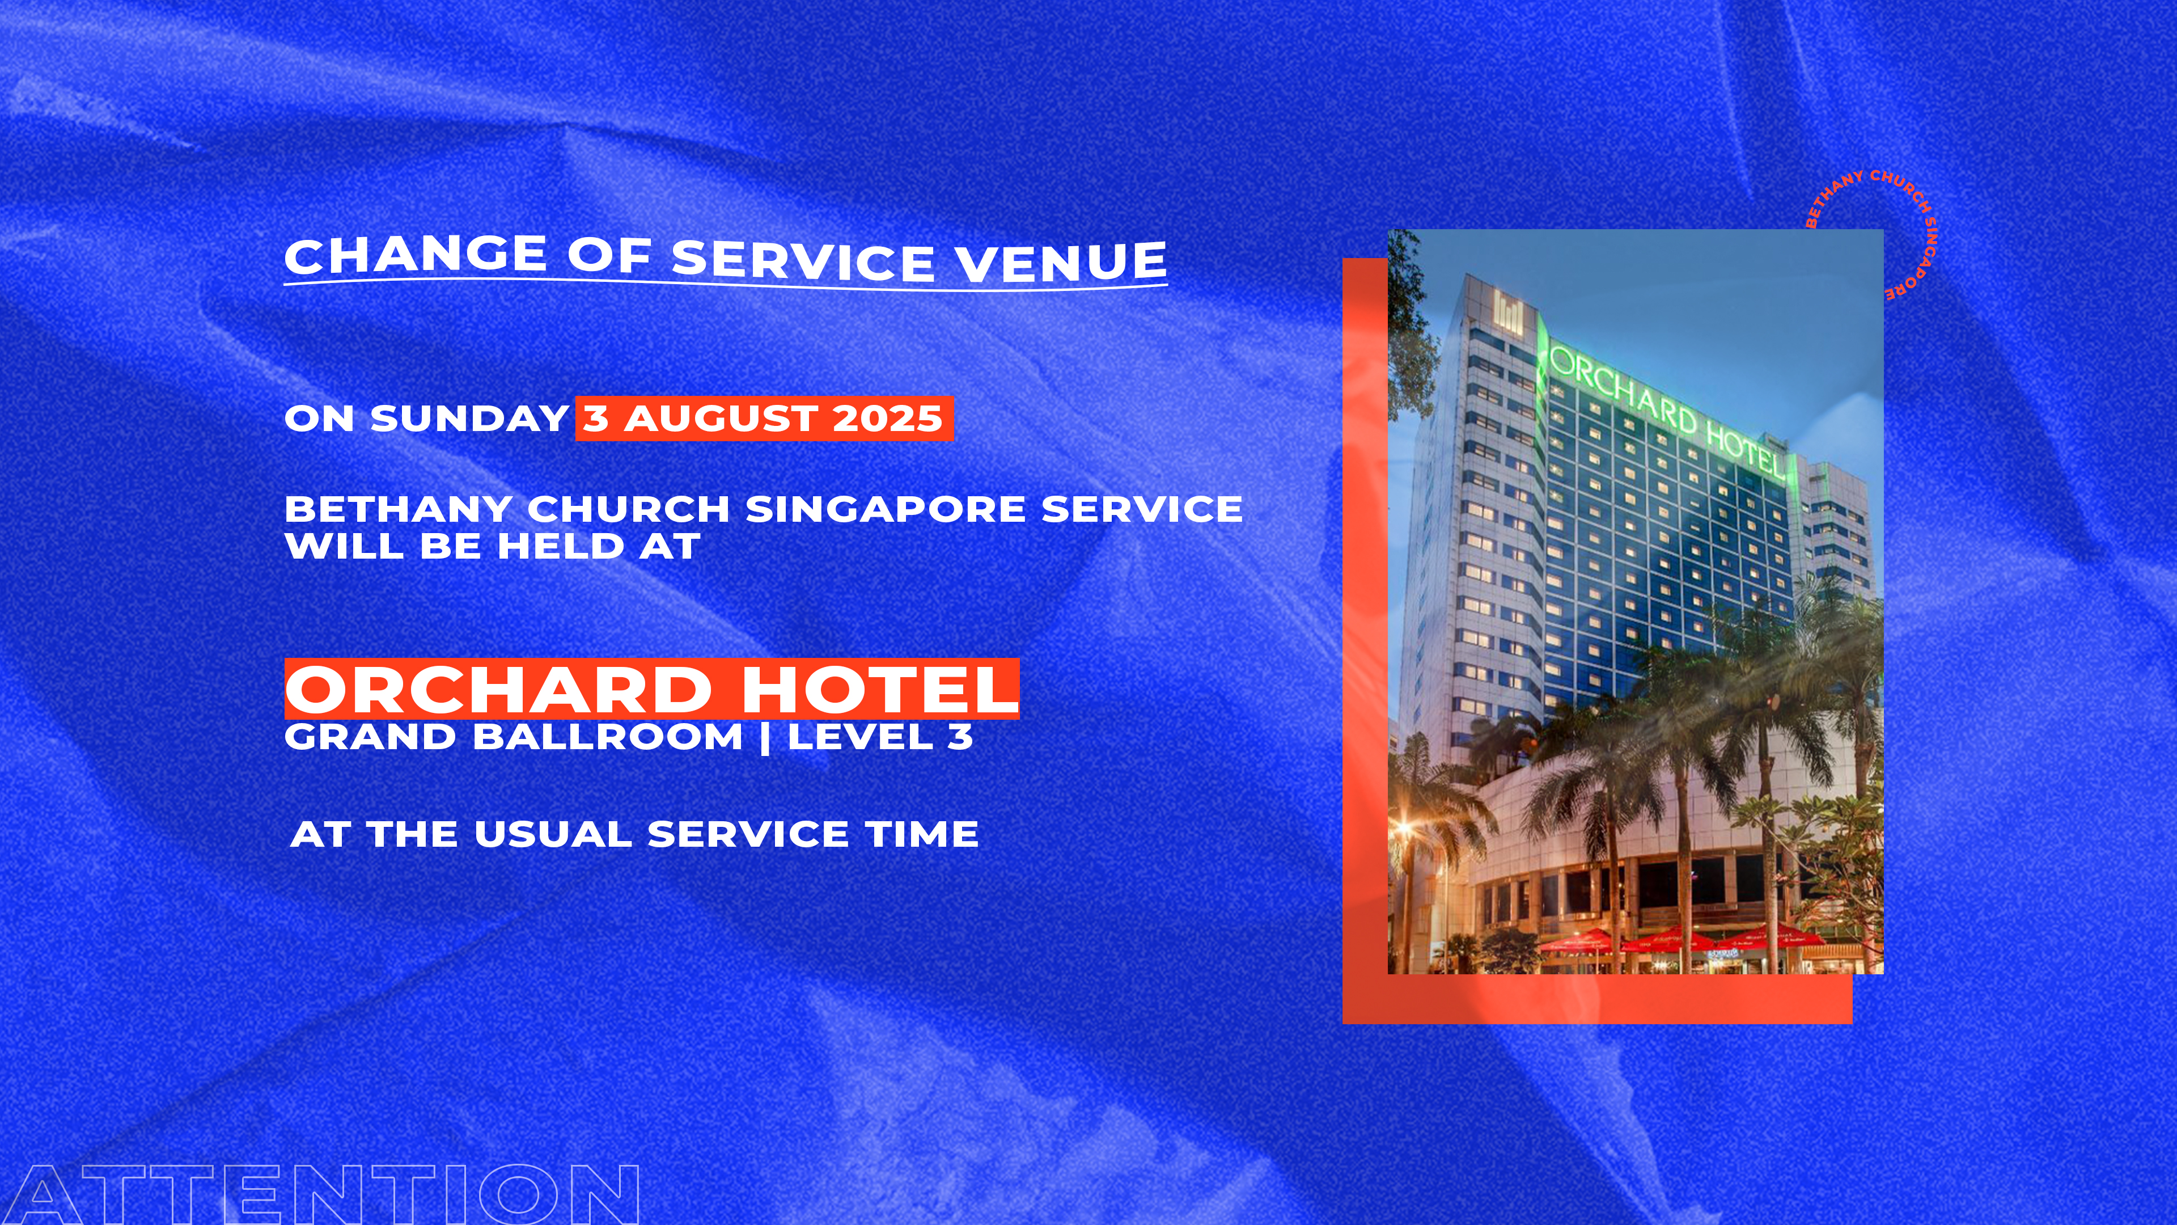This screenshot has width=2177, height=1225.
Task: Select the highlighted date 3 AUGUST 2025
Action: [764, 419]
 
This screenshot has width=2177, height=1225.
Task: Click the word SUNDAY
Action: [469, 419]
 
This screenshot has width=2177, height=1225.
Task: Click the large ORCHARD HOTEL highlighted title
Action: [651, 689]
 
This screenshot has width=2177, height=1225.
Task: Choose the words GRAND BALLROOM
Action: [514, 736]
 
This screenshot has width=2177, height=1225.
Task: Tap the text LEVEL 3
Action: [880, 736]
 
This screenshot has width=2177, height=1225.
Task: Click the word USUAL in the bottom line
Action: [553, 834]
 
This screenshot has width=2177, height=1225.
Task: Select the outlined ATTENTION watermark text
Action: [319, 1194]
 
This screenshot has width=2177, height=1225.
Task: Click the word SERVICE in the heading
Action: [803, 260]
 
